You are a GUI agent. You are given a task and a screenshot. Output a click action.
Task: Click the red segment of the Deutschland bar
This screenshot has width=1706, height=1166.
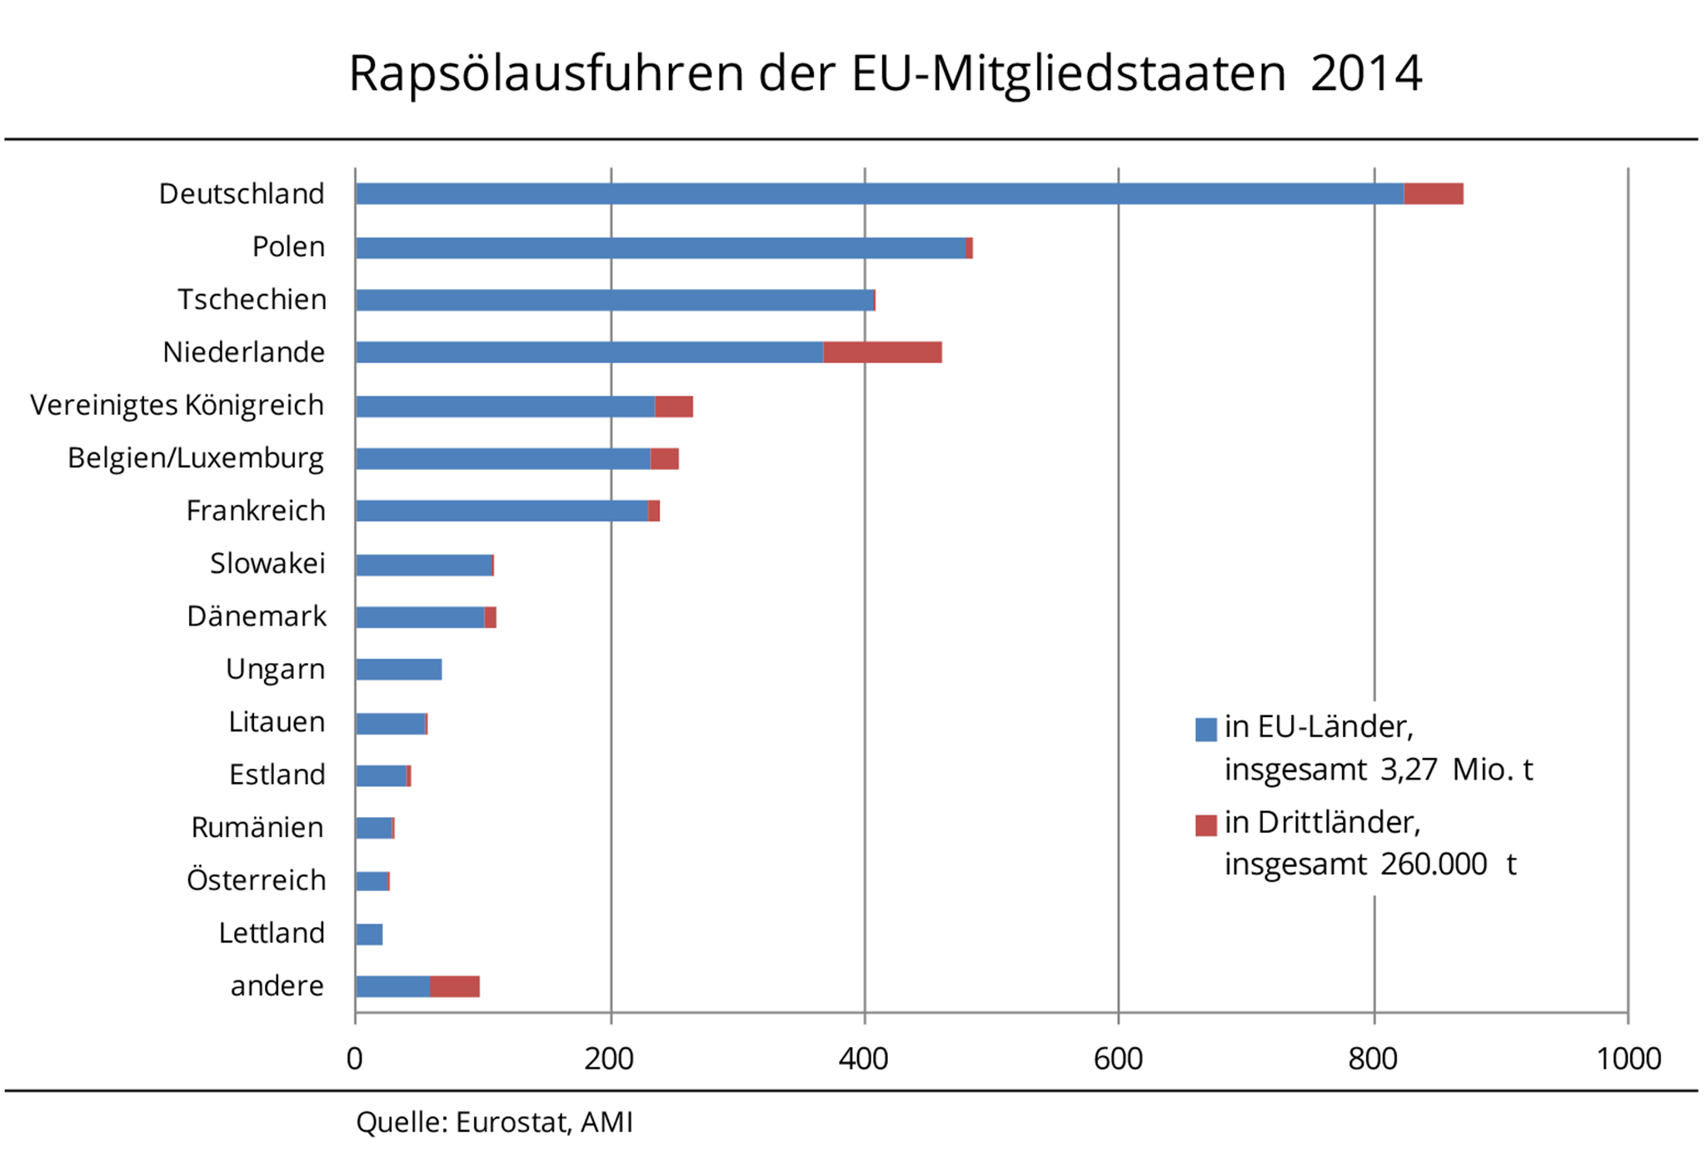[1433, 194]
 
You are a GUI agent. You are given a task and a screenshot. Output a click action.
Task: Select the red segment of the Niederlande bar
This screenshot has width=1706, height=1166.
[882, 352]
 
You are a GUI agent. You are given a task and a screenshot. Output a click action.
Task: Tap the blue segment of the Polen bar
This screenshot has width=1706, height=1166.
[661, 247]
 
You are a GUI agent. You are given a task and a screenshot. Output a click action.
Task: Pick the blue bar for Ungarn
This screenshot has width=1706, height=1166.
[398, 670]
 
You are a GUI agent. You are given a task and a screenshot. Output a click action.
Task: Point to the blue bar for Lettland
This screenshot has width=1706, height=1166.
[369, 934]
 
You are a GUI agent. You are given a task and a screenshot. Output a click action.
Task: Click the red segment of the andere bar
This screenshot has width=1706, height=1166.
[455, 987]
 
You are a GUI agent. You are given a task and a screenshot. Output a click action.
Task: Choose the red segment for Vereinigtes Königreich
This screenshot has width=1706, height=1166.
[674, 406]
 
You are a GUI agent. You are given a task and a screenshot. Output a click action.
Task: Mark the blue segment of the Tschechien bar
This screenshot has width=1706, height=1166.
[615, 300]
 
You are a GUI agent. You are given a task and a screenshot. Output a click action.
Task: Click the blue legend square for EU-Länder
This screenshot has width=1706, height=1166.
[1205, 730]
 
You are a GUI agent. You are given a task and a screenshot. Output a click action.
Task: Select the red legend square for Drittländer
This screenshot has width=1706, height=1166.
[1205, 825]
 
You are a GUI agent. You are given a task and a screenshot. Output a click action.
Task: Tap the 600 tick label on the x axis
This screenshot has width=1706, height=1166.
[1118, 1059]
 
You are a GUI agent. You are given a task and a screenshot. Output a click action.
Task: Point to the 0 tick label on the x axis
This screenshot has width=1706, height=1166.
[355, 1059]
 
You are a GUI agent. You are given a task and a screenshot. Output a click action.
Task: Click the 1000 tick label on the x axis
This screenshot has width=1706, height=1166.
[1628, 1059]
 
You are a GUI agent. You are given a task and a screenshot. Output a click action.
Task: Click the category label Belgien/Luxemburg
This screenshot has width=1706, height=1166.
[196, 458]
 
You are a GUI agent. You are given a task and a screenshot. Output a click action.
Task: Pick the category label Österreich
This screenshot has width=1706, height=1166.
[256, 880]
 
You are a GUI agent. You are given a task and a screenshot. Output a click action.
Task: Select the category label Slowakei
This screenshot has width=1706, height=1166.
[267, 564]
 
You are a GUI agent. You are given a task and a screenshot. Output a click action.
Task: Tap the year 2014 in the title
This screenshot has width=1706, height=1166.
[1365, 73]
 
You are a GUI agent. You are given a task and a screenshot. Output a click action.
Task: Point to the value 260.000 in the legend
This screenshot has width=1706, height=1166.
[1433, 865]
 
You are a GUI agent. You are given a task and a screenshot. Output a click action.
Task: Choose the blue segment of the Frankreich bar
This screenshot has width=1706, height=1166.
[501, 511]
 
